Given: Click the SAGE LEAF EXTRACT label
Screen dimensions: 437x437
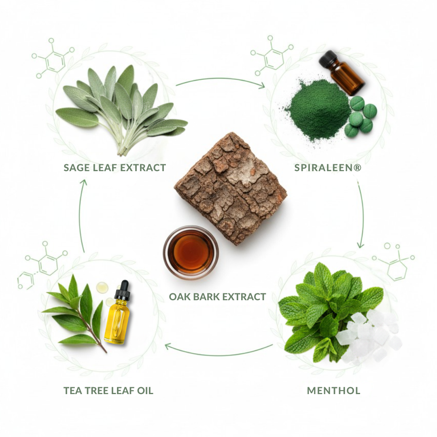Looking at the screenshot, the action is coord(115,168).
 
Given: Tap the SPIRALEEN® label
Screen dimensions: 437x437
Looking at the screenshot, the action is coord(328,168).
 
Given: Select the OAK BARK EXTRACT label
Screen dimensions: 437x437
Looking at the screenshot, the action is coord(217,297).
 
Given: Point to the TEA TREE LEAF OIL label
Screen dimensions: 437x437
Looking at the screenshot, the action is coord(108,391).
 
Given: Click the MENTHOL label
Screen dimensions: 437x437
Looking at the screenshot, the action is coord(333,391).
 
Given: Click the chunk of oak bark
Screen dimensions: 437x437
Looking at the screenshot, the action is coord(231,189).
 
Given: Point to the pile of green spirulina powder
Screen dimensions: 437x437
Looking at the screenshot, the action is coord(318,110).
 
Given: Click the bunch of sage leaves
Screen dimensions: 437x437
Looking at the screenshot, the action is coord(121,110).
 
